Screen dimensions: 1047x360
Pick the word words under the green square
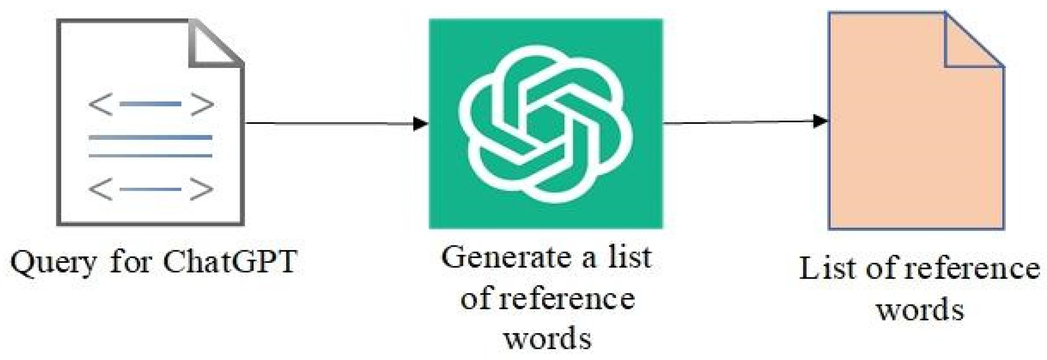click(548, 338)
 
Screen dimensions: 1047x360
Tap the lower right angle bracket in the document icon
click(202, 189)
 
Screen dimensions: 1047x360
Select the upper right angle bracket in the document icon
click(202, 104)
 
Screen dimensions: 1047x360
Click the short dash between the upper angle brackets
click(151, 104)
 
